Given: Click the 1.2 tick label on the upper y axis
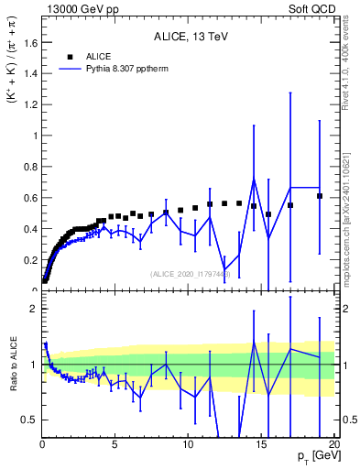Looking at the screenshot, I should (28, 104).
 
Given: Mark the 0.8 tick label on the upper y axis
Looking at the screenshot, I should (28, 167).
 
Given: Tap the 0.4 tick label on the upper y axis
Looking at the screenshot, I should (28, 229).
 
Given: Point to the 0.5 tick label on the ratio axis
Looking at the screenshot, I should (28, 420).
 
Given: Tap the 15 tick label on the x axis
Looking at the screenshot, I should (260, 444).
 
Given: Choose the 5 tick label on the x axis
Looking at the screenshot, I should (115, 444).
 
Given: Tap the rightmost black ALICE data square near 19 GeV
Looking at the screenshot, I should (319, 196).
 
